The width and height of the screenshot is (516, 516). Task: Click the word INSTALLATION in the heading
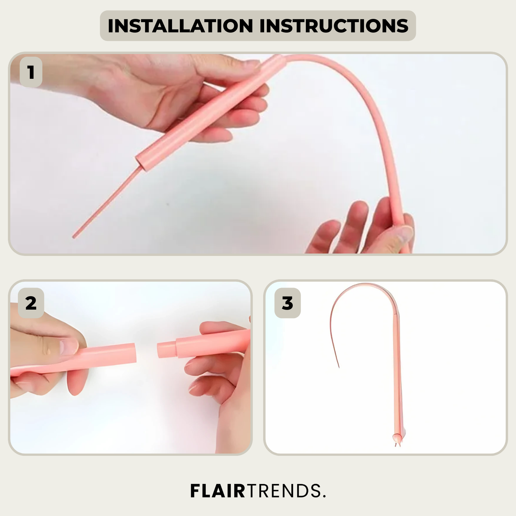pos(181,26)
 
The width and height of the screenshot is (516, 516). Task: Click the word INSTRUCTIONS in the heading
pos(334,26)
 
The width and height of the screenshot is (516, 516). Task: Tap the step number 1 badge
pos(31,72)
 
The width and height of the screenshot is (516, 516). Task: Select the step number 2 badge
pos(31,303)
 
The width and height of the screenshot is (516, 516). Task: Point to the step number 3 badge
pos(288,303)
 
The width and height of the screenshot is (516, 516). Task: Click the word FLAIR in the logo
pos(218,491)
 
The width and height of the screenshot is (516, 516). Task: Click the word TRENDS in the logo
pos(283,491)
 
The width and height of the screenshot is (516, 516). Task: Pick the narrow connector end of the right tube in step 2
pos(167,349)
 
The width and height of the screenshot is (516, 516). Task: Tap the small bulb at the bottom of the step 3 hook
pos(397,438)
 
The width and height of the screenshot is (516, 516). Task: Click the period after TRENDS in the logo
pos(323,496)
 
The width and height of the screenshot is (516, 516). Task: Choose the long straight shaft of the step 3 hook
pos(397,372)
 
